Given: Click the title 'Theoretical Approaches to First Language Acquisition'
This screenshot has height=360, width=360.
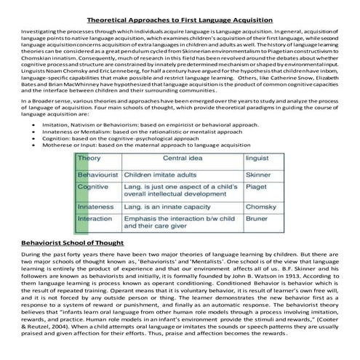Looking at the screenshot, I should (180, 8).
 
